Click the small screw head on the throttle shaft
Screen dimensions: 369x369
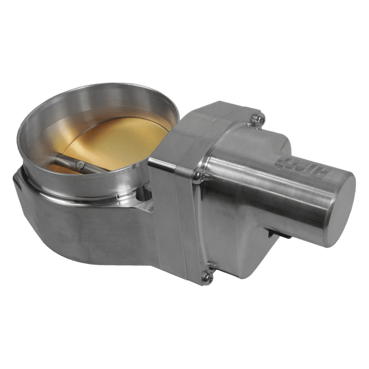tap(81, 165)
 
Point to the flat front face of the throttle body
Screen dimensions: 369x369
tap(85, 232)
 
